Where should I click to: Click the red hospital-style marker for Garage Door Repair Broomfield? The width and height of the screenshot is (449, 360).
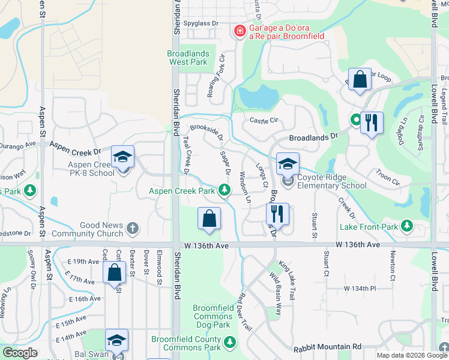(x=240, y=31)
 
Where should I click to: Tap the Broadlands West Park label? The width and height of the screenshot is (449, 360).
(x=188, y=58)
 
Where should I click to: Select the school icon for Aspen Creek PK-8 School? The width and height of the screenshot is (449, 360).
(x=123, y=158)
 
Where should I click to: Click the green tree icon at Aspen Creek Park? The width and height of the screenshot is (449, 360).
(x=224, y=191)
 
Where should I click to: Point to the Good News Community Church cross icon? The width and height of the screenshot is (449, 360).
(x=132, y=229)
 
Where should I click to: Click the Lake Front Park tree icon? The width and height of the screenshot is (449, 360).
(x=408, y=226)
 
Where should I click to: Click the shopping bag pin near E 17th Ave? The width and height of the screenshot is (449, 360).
(x=114, y=274)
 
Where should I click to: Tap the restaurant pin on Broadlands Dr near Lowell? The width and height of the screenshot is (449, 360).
(x=372, y=124)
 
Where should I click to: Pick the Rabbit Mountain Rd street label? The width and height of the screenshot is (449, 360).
(x=327, y=347)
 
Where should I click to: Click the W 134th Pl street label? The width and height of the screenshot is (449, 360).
(x=360, y=289)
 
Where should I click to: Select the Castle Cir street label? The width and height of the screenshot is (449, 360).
(x=264, y=120)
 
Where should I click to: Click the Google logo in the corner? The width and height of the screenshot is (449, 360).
(x=19, y=353)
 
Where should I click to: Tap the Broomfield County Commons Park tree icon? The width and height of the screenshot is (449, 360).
(x=229, y=343)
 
